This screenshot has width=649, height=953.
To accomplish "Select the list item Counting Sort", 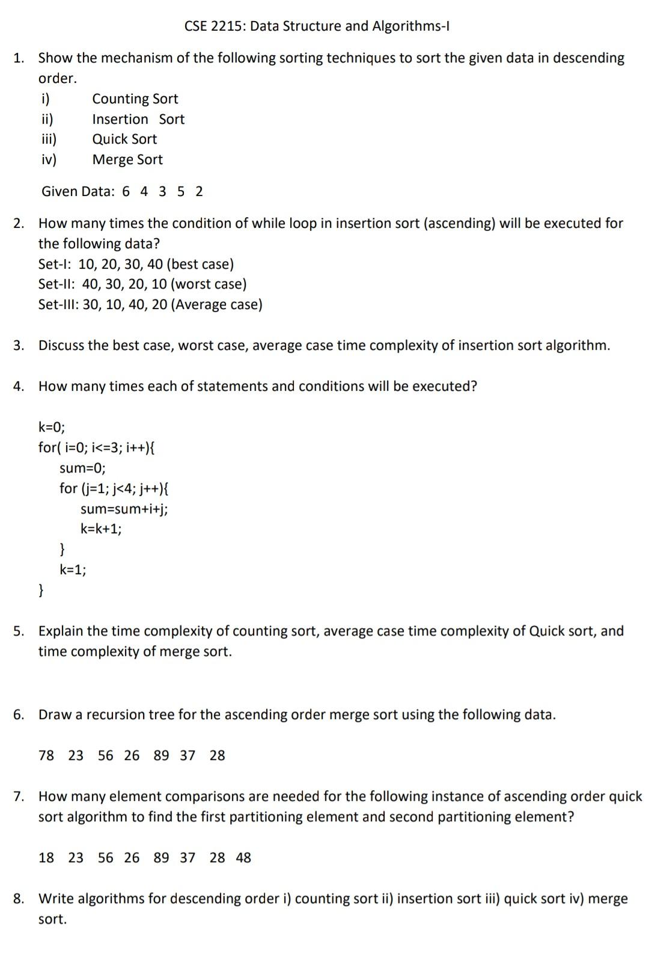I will [135, 99].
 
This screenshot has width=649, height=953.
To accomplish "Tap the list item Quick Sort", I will [124, 139].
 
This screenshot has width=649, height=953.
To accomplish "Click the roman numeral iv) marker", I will [49, 159].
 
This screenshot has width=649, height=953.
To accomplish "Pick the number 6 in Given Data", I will [126, 191].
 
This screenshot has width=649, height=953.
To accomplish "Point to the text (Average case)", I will [216, 304].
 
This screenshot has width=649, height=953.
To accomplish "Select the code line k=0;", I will [52, 427].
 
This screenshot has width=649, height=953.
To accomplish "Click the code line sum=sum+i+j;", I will [124, 509].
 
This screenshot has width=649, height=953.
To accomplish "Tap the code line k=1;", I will [73, 569].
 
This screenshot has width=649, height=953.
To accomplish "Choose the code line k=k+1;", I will [101, 529].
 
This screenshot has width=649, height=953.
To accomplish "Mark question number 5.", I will [19, 631].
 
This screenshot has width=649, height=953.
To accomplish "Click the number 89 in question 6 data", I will [161, 755].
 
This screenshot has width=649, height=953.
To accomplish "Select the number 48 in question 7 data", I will [243, 857].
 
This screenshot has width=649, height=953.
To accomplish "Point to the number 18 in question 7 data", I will [46, 857].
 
